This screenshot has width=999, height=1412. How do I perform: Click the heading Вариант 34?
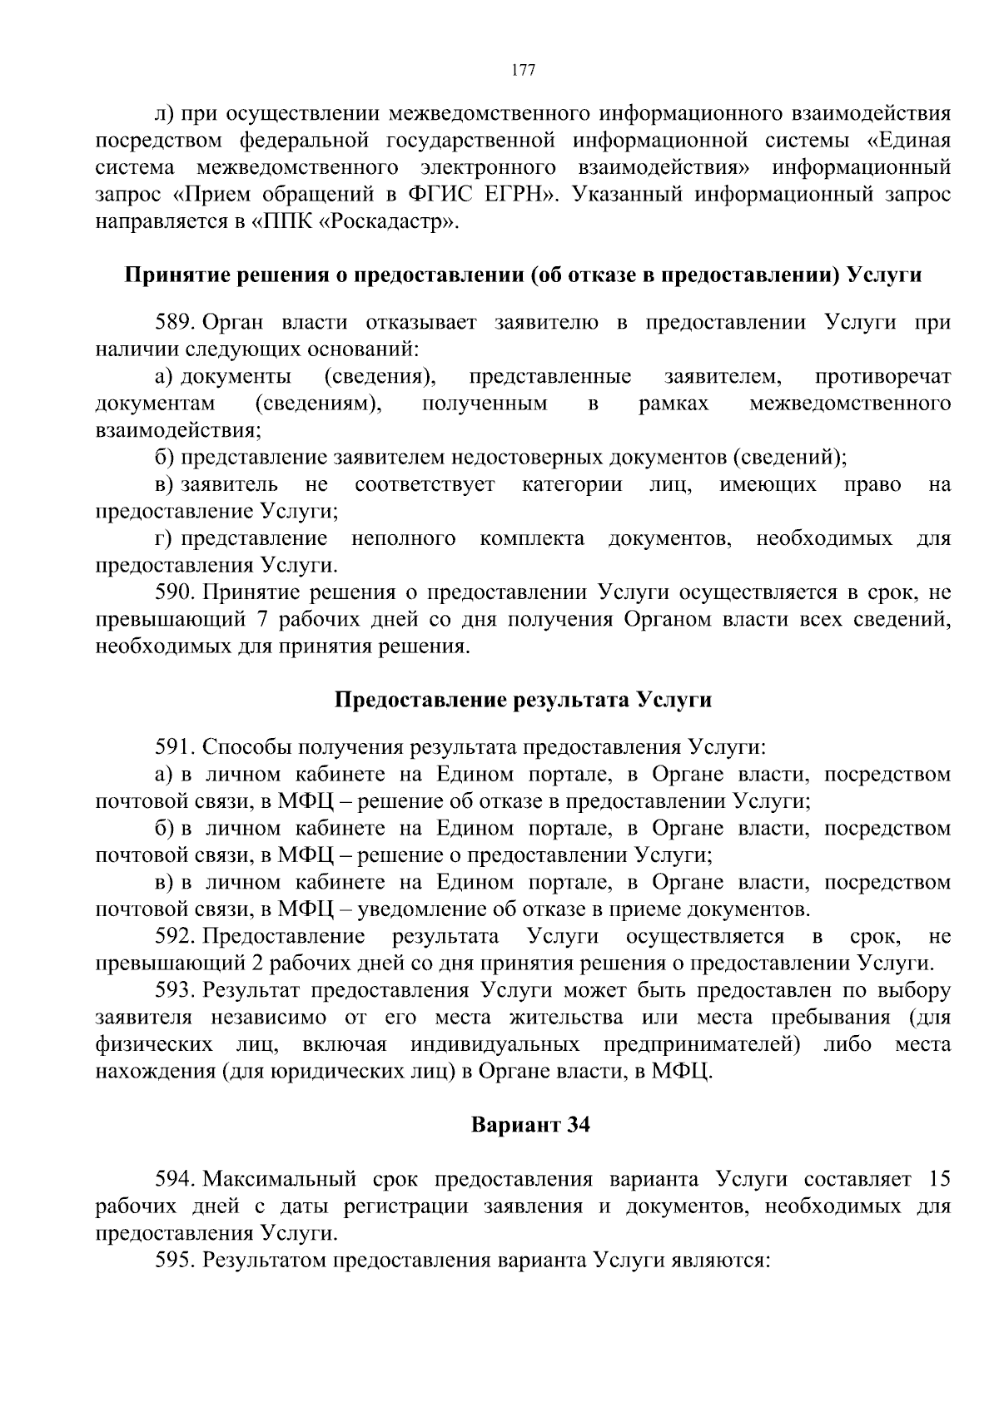pyautogui.click(x=530, y=1126)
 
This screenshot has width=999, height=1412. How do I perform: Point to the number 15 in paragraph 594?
pyautogui.click(x=938, y=1179)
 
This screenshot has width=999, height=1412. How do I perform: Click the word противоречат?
pyautogui.click(x=882, y=377)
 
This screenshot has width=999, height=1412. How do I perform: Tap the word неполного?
pyautogui.click(x=403, y=539)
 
